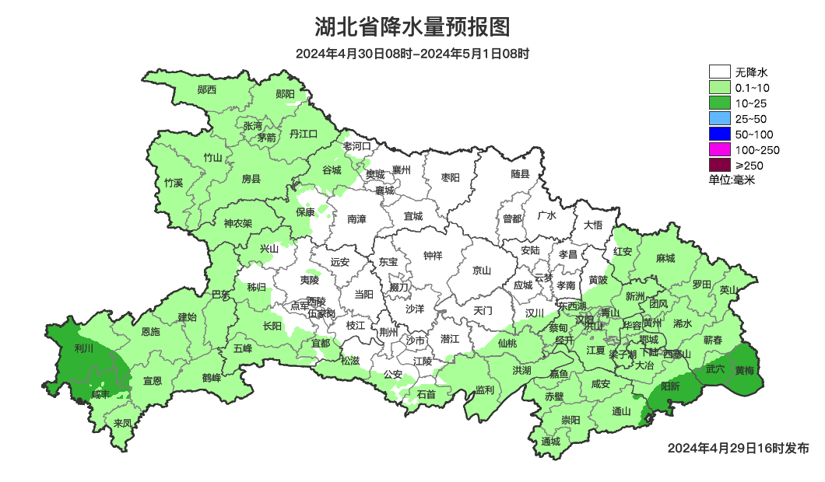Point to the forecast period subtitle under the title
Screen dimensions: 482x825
tap(412, 54)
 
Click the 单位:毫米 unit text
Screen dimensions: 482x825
tap(732, 180)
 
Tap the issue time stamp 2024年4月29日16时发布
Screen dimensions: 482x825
tap(738, 449)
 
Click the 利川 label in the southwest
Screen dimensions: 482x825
tap(83, 349)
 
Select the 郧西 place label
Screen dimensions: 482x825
tap(207, 89)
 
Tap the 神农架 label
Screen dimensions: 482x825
tap(238, 223)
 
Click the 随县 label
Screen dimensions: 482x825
tap(520, 174)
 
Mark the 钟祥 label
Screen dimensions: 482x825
tap(433, 255)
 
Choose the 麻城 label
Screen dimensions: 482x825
tap(665, 258)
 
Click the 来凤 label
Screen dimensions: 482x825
tap(123, 423)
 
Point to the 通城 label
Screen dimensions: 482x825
tap(551, 442)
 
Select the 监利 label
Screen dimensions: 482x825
tap(484, 389)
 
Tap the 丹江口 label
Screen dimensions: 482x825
tap(304, 134)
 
